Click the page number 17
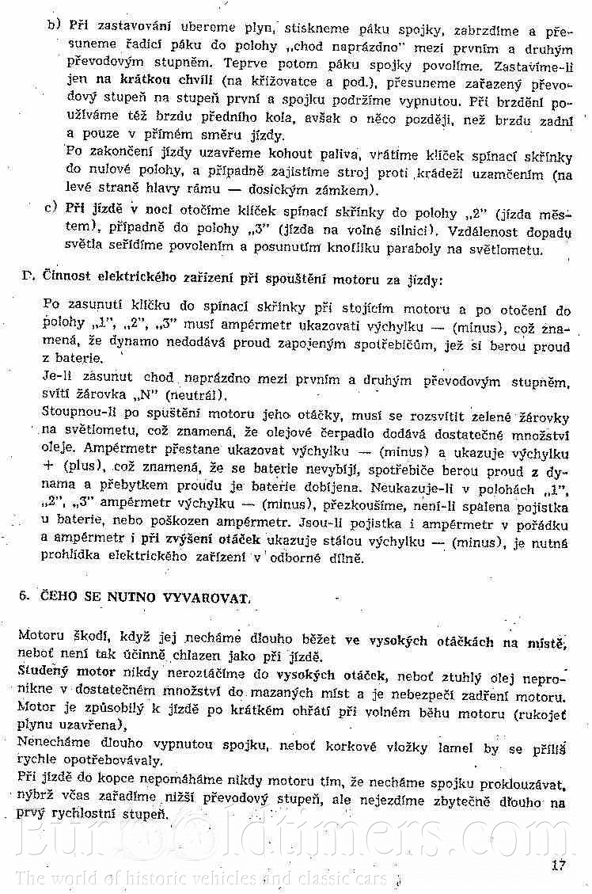pos(558,864)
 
